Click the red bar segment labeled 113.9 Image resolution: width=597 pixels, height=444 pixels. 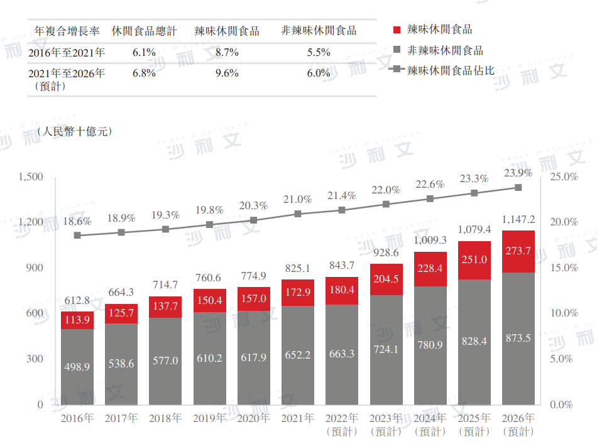pyautogui.click(x=77, y=320)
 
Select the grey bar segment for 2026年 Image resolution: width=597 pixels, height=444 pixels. pyautogui.click(x=518, y=338)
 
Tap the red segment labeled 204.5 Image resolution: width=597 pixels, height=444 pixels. pyautogui.click(x=386, y=279)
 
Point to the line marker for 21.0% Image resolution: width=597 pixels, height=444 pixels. pyautogui.click(x=298, y=214)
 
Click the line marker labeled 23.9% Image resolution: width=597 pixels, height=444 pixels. pyautogui.click(x=518, y=188)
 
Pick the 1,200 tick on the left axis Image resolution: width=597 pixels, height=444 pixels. pyautogui.click(x=31, y=222)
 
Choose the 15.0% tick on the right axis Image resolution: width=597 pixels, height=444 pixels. pyautogui.click(x=564, y=268)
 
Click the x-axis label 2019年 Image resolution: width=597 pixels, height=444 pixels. pyautogui.click(x=210, y=418)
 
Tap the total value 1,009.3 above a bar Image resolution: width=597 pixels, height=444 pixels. pyautogui.click(x=430, y=240)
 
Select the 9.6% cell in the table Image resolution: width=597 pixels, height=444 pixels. pyautogui.click(x=227, y=73)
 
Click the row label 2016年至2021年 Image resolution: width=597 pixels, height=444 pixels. pyautogui.click(x=67, y=53)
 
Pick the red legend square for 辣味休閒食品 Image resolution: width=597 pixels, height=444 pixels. pyautogui.click(x=397, y=30)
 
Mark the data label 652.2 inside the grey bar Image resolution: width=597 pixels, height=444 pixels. pyautogui.click(x=298, y=354)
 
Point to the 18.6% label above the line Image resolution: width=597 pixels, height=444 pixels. pyautogui.click(x=77, y=221)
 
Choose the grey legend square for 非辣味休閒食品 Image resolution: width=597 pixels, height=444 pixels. pyautogui.click(x=397, y=50)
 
